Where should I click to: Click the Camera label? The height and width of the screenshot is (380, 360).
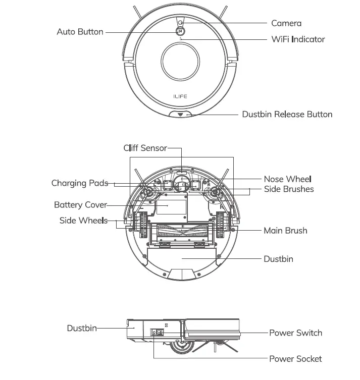(286, 23)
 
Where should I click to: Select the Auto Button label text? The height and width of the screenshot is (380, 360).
(80, 32)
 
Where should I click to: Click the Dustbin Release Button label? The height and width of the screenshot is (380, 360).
(287, 114)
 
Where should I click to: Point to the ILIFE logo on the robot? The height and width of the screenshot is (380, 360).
(181, 94)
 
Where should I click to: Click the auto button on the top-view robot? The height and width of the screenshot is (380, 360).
(180, 31)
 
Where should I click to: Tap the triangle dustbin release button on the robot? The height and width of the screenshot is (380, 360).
(180, 115)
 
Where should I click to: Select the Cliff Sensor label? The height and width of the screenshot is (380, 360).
(145, 148)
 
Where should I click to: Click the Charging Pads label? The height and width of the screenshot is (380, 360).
(80, 183)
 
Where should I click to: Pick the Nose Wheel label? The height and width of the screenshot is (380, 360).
(287, 179)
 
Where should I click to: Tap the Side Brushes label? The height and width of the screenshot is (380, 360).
(288, 189)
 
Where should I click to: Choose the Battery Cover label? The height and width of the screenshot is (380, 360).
(80, 205)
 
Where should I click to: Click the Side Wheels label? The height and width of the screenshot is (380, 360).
(83, 221)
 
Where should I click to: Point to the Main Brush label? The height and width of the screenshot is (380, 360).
(285, 231)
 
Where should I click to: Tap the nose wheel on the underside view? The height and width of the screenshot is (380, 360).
(181, 186)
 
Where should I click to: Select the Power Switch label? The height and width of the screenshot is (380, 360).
(295, 333)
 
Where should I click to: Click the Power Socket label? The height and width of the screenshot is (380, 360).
(295, 358)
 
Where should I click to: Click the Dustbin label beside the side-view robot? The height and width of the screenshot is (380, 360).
(81, 328)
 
